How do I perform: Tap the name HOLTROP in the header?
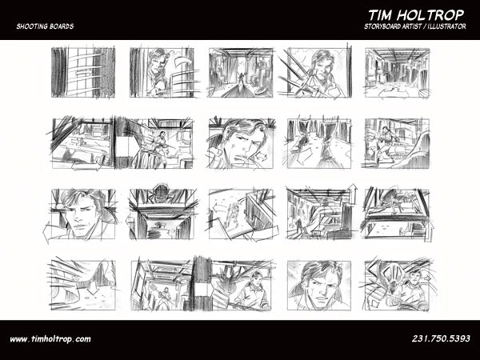[431, 15]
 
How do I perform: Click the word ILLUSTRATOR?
[447, 26]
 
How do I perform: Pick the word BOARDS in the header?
[61, 26]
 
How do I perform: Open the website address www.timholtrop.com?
[50, 339]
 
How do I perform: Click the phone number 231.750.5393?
[441, 338]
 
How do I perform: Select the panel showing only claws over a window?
[83, 73]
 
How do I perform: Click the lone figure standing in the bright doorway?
[242, 78]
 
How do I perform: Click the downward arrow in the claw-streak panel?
[93, 290]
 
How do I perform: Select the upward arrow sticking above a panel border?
[354, 193]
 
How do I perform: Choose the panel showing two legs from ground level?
[319, 143]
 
